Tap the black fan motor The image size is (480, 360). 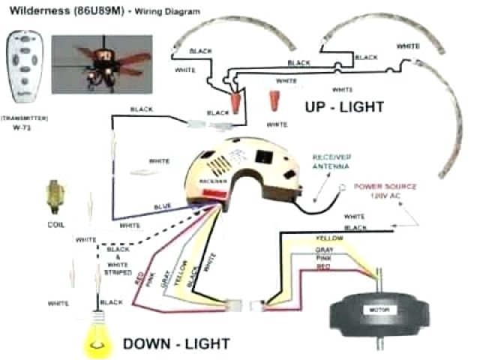[x=376, y=310]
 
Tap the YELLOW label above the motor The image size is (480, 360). [x=325, y=239]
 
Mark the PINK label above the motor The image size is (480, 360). [x=323, y=257]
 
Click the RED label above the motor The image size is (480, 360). [x=322, y=266]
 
